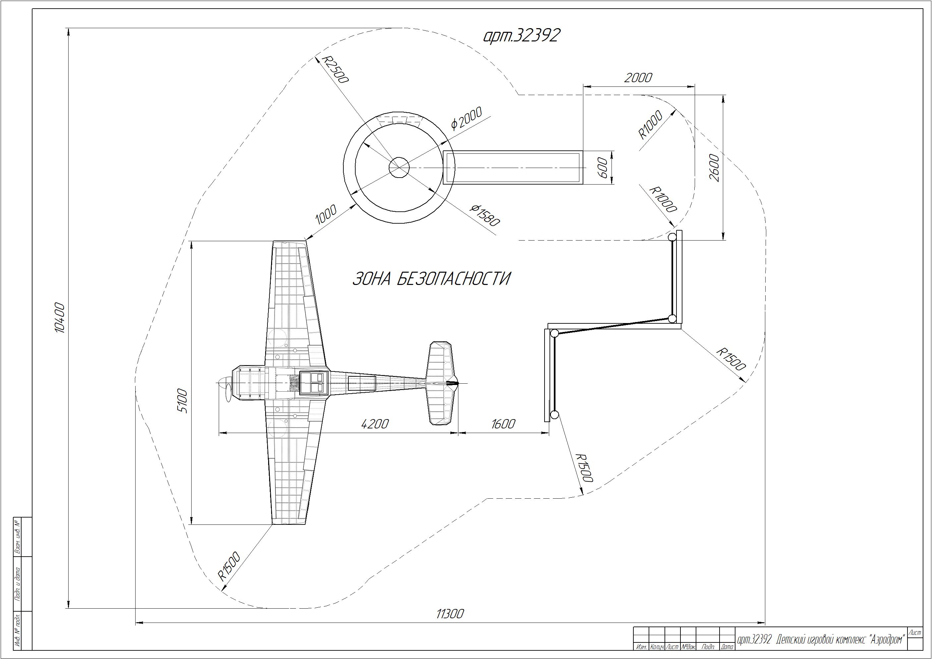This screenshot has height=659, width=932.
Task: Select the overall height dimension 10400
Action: point(60,318)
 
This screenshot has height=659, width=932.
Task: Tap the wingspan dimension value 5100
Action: point(183,401)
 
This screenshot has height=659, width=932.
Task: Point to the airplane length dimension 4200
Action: point(375,424)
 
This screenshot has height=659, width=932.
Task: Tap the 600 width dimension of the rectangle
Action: point(603,167)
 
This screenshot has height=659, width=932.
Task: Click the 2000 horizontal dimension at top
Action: point(638,78)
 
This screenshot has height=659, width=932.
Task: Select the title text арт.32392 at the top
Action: point(522,36)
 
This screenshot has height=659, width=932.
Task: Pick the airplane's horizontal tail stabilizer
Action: point(442,383)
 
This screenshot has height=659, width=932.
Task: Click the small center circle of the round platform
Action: point(399,167)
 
